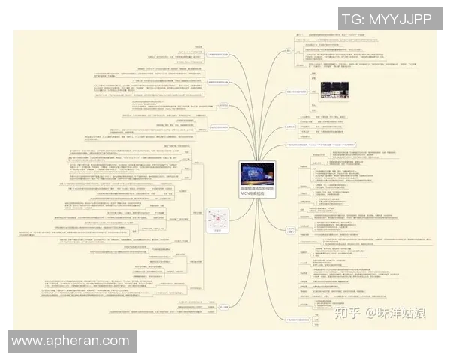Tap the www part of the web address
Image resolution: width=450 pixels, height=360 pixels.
[28, 341]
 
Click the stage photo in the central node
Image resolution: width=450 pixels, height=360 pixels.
[257, 174]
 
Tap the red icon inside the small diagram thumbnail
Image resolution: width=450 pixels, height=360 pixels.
[217, 220]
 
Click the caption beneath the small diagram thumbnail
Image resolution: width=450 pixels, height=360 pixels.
[217, 232]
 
